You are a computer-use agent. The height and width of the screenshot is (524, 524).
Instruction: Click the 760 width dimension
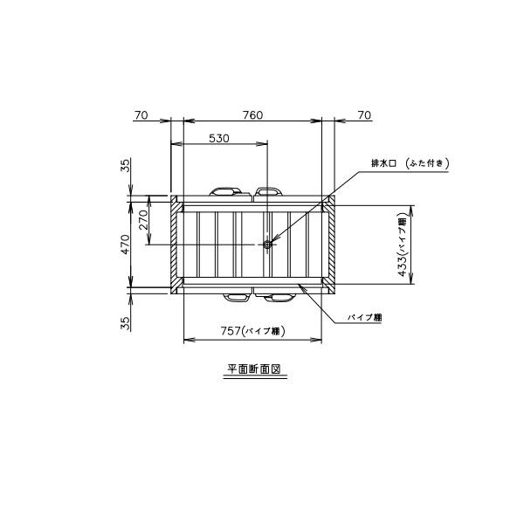(x=252, y=115)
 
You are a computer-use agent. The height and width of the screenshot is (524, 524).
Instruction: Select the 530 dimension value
(x=220, y=138)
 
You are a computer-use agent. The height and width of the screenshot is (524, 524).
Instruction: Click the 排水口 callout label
(x=384, y=163)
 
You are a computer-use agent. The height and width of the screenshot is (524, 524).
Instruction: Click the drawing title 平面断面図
(x=252, y=370)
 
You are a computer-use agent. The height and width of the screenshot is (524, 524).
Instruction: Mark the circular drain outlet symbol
(x=267, y=245)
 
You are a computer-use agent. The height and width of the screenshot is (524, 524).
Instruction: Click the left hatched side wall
(x=176, y=245)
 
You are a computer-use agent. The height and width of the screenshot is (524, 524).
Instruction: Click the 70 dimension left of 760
(x=141, y=115)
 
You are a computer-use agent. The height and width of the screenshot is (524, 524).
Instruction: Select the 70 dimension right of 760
(x=364, y=115)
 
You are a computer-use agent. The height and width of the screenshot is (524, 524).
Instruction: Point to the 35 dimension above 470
(x=125, y=166)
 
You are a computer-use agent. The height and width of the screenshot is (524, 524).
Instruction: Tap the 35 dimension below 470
(x=125, y=322)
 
